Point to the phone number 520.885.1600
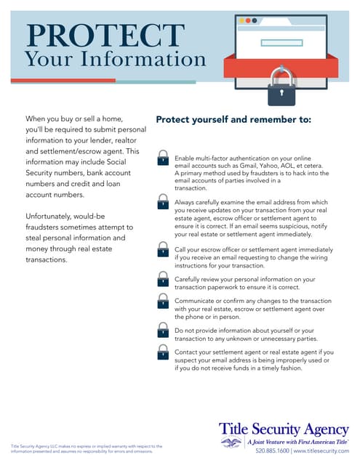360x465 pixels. (271, 450)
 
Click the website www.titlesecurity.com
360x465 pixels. (321, 450)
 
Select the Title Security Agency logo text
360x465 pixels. (284, 429)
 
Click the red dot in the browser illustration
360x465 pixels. (244, 21)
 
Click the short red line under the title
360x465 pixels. (63, 81)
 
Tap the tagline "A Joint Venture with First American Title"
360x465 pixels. (296, 441)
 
